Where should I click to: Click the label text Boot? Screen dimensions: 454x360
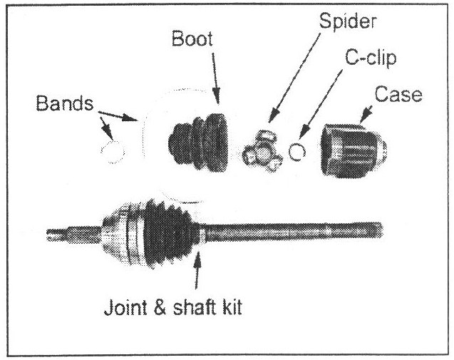point(190,39)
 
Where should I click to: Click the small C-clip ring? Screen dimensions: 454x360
point(299,150)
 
